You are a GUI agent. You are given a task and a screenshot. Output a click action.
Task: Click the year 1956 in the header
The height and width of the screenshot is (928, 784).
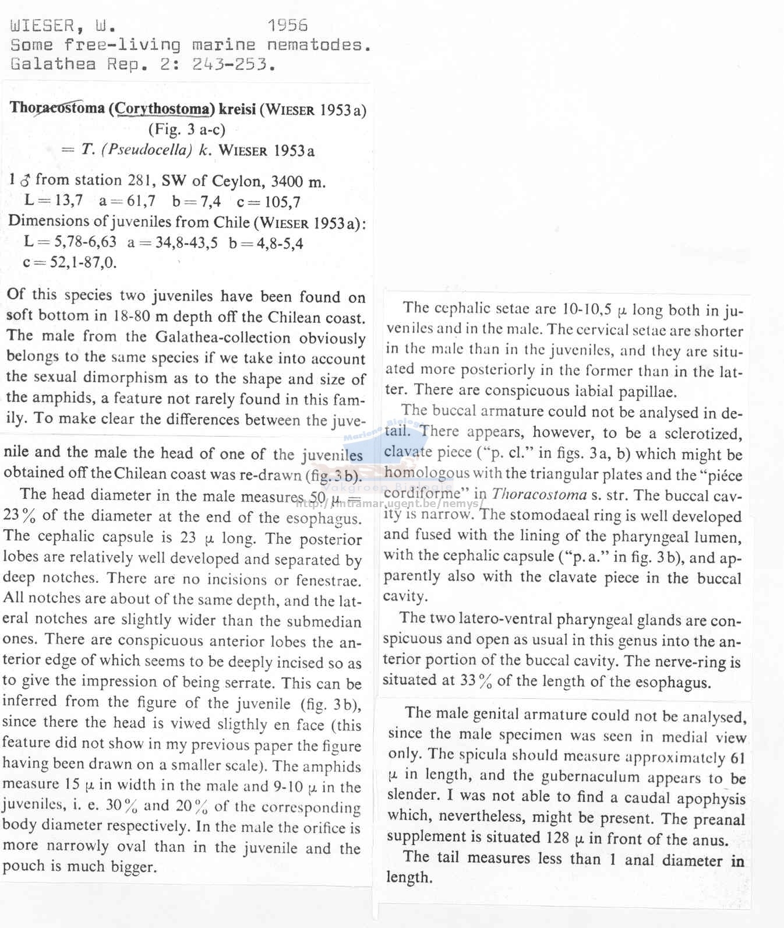click(288, 25)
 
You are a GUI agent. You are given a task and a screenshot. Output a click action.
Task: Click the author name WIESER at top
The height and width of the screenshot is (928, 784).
click(43, 26)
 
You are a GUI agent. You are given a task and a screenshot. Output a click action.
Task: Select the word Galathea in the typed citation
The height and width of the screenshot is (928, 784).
click(53, 64)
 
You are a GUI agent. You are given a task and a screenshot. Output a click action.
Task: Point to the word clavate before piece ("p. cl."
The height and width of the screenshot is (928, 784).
click(408, 452)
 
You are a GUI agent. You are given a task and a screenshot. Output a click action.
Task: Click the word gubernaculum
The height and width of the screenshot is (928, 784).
click(620, 777)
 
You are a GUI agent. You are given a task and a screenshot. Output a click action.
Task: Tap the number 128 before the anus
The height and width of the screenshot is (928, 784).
click(557, 838)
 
